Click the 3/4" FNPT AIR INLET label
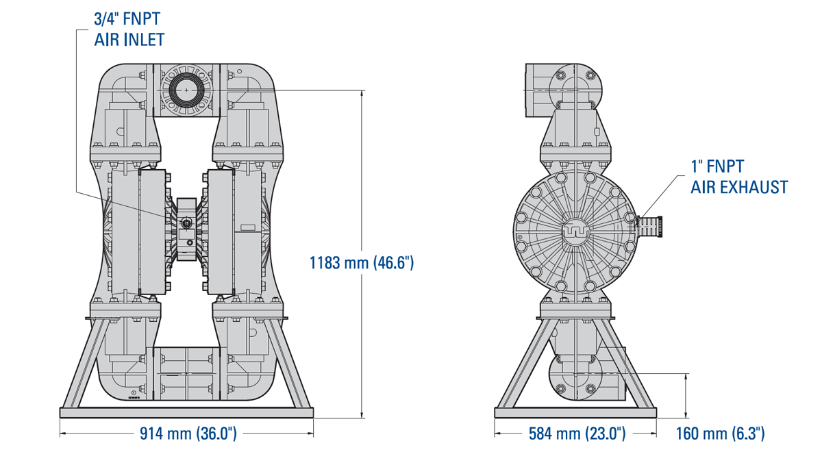click(129, 29)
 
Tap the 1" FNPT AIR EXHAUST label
click(739, 177)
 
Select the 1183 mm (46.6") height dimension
click(362, 263)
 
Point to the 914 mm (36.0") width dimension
click(188, 434)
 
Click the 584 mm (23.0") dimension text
click(577, 434)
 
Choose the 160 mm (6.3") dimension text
click(721, 434)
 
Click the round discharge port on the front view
click(186, 90)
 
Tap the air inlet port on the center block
click(186, 223)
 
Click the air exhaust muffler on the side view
click(650, 227)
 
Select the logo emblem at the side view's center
click(575, 232)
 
